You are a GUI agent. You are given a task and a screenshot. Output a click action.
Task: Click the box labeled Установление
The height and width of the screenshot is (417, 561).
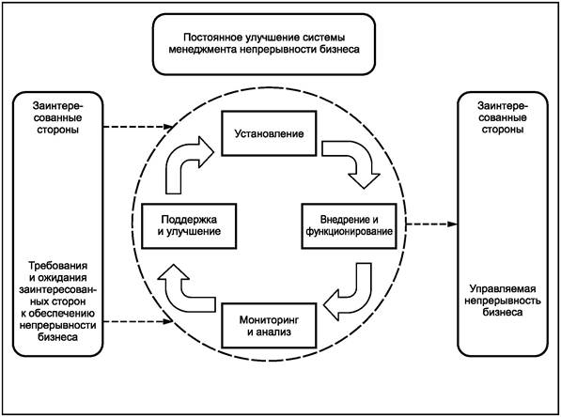269,133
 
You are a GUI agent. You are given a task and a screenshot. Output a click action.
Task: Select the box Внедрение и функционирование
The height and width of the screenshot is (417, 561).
349,226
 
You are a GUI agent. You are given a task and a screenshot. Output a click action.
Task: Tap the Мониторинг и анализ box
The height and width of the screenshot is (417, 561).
269,326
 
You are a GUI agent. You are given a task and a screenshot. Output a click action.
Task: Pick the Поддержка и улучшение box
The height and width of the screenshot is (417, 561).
189,226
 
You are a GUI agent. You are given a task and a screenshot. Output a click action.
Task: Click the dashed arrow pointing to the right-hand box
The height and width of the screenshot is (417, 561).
432,224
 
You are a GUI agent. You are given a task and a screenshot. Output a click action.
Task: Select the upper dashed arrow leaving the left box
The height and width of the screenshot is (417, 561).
138,127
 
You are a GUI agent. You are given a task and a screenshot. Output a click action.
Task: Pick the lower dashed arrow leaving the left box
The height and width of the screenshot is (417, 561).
138,321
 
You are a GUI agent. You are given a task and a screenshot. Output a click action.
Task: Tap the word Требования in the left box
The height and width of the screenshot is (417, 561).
58,266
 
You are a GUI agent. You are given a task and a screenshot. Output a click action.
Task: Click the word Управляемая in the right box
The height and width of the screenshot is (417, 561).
503,289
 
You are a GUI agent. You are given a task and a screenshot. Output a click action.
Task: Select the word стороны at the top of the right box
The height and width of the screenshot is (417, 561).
503,129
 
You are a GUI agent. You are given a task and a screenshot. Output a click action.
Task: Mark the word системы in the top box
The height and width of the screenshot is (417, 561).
325,38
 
